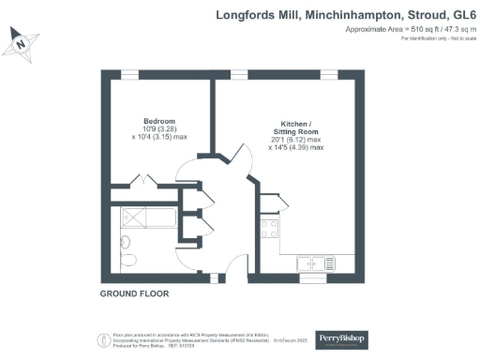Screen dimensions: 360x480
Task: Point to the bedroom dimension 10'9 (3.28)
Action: tap(160, 131)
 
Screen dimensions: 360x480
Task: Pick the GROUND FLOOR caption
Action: tap(134, 293)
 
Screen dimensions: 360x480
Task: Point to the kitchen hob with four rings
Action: tap(268, 227)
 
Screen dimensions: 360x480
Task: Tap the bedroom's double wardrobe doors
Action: tap(145, 181)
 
